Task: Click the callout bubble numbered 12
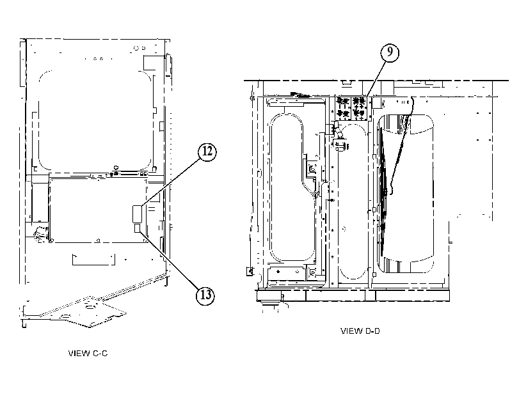pyautogui.click(x=207, y=152)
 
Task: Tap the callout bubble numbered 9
pyautogui.click(x=389, y=52)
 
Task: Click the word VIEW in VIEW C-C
pyautogui.click(x=79, y=354)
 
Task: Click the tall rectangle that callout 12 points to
pyautogui.click(x=137, y=214)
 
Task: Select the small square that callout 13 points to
pyautogui.click(x=138, y=228)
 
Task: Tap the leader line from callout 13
pyautogui.click(x=170, y=260)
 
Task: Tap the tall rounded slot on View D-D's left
pyautogui.click(x=287, y=187)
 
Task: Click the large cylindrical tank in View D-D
pyautogui.click(x=406, y=194)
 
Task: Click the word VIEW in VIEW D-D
pyautogui.click(x=351, y=331)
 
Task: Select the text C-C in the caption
pyautogui.click(x=100, y=354)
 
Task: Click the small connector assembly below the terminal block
pyautogui.click(x=340, y=145)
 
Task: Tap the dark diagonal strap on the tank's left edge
pyautogui.click(x=383, y=192)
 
